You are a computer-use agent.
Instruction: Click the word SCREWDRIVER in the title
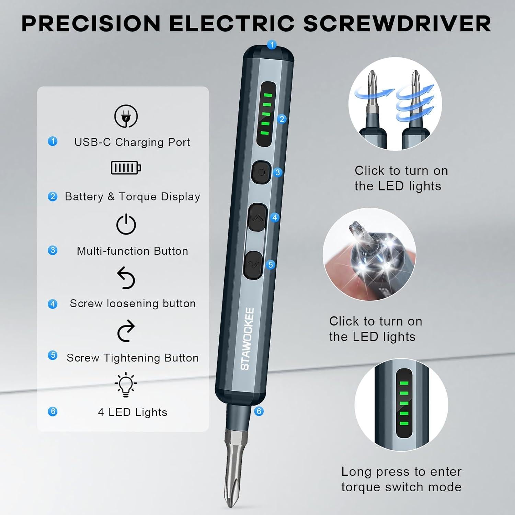(397, 24)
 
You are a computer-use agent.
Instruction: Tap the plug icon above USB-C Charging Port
(126, 116)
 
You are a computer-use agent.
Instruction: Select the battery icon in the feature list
(126, 168)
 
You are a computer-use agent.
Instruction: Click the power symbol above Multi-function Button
(126, 225)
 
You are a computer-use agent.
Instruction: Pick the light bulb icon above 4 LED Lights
(126, 385)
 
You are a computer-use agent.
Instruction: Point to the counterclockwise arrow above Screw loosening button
(126, 278)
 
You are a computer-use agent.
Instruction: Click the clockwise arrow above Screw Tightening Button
(126, 331)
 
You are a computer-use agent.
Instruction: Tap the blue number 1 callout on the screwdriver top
(272, 45)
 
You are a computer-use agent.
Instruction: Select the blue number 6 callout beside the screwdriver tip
(259, 411)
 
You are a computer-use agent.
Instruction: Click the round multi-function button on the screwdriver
(261, 172)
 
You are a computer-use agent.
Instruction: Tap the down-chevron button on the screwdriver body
(254, 265)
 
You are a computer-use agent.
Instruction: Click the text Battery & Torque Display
(132, 197)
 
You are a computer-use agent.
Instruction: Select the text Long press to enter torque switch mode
(401, 479)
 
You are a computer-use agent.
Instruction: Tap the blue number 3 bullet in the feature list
(53, 250)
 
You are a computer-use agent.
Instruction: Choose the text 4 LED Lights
(133, 412)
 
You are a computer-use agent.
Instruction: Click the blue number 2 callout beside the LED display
(282, 119)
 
